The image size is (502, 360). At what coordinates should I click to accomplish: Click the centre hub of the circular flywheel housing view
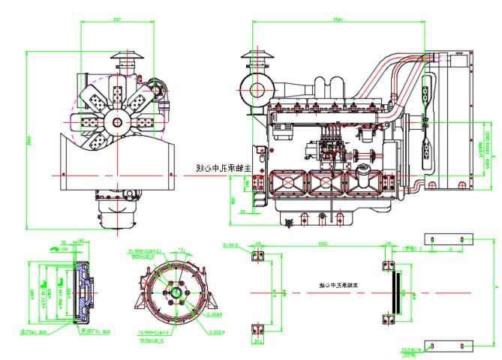click(x=175, y=293)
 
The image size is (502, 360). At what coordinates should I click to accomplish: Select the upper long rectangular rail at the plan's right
click(x=449, y=239)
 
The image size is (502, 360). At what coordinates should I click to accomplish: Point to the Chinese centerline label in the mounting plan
click(x=335, y=286)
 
